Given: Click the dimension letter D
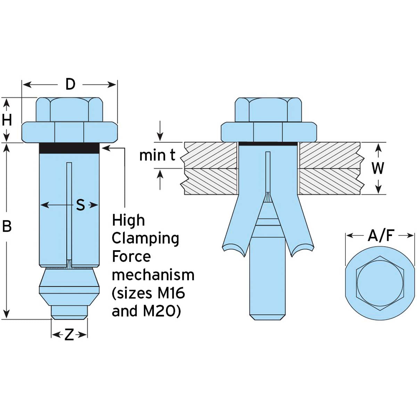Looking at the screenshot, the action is (70, 84).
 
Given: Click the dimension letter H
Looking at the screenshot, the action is (7, 120).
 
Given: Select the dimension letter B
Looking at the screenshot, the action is (7, 226).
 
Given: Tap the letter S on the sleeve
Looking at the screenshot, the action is (80, 205).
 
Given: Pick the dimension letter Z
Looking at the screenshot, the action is (69, 335).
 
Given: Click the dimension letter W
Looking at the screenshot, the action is (378, 168).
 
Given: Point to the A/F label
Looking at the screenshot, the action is (381, 236).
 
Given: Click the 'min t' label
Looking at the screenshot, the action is (157, 156).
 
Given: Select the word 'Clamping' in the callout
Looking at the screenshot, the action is (145, 238).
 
